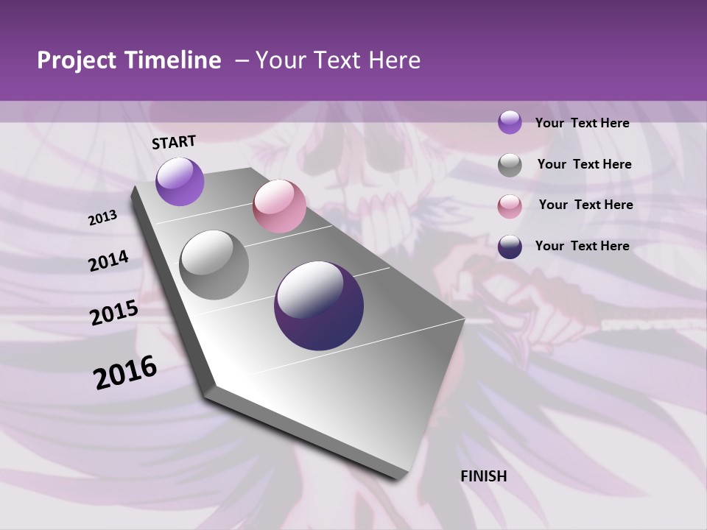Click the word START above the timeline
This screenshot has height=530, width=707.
tap(174, 142)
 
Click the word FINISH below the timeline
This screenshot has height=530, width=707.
tap(484, 476)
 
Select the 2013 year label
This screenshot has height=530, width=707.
tap(103, 218)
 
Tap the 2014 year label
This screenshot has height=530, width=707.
tap(109, 261)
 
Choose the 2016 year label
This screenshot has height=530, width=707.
tap(125, 372)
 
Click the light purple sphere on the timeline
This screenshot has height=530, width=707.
tap(180, 181)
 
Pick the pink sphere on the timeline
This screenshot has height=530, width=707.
tap(279, 206)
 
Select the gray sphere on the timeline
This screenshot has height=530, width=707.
tap(214, 265)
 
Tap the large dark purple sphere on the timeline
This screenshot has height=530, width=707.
tap(319, 305)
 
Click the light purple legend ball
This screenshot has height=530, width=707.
tap(510, 123)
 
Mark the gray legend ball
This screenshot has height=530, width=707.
tap(510, 165)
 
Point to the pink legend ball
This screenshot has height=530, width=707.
tap(510, 206)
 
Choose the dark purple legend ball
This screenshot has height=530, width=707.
tap(510, 247)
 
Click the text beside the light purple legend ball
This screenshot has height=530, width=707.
tap(582, 124)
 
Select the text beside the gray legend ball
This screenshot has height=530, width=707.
tap(584, 164)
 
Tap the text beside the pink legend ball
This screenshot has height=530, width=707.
tap(585, 205)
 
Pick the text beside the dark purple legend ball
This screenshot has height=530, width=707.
tap(582, 246)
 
